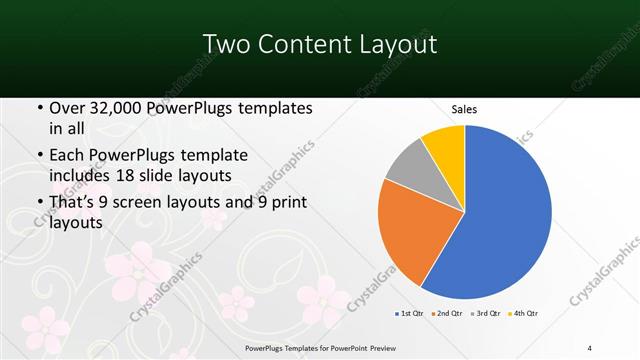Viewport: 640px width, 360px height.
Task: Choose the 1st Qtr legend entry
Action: tap(411, 313)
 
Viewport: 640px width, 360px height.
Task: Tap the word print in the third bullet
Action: tap(286, 205)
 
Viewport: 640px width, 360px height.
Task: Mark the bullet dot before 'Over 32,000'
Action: tap(39, 107)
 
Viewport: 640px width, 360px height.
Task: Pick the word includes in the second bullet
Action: tap(85, 176)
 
